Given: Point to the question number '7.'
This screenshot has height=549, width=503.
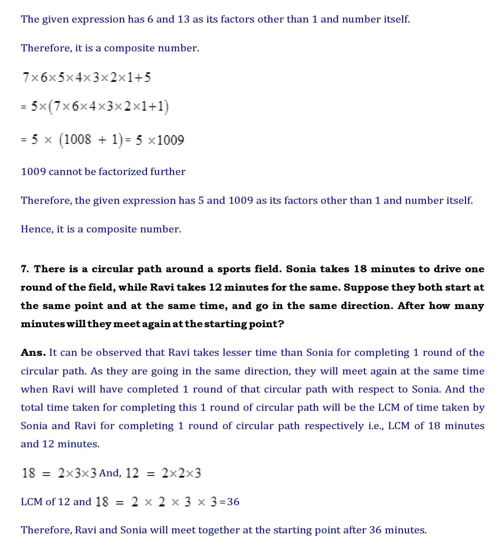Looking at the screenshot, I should pyautogui.click(x=25, y=269).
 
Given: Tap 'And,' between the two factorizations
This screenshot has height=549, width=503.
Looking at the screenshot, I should pyautogui.click(x=110, y=473).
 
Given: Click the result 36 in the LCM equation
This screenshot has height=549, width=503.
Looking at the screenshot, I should pyautogui.click(x=233, y=502).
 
